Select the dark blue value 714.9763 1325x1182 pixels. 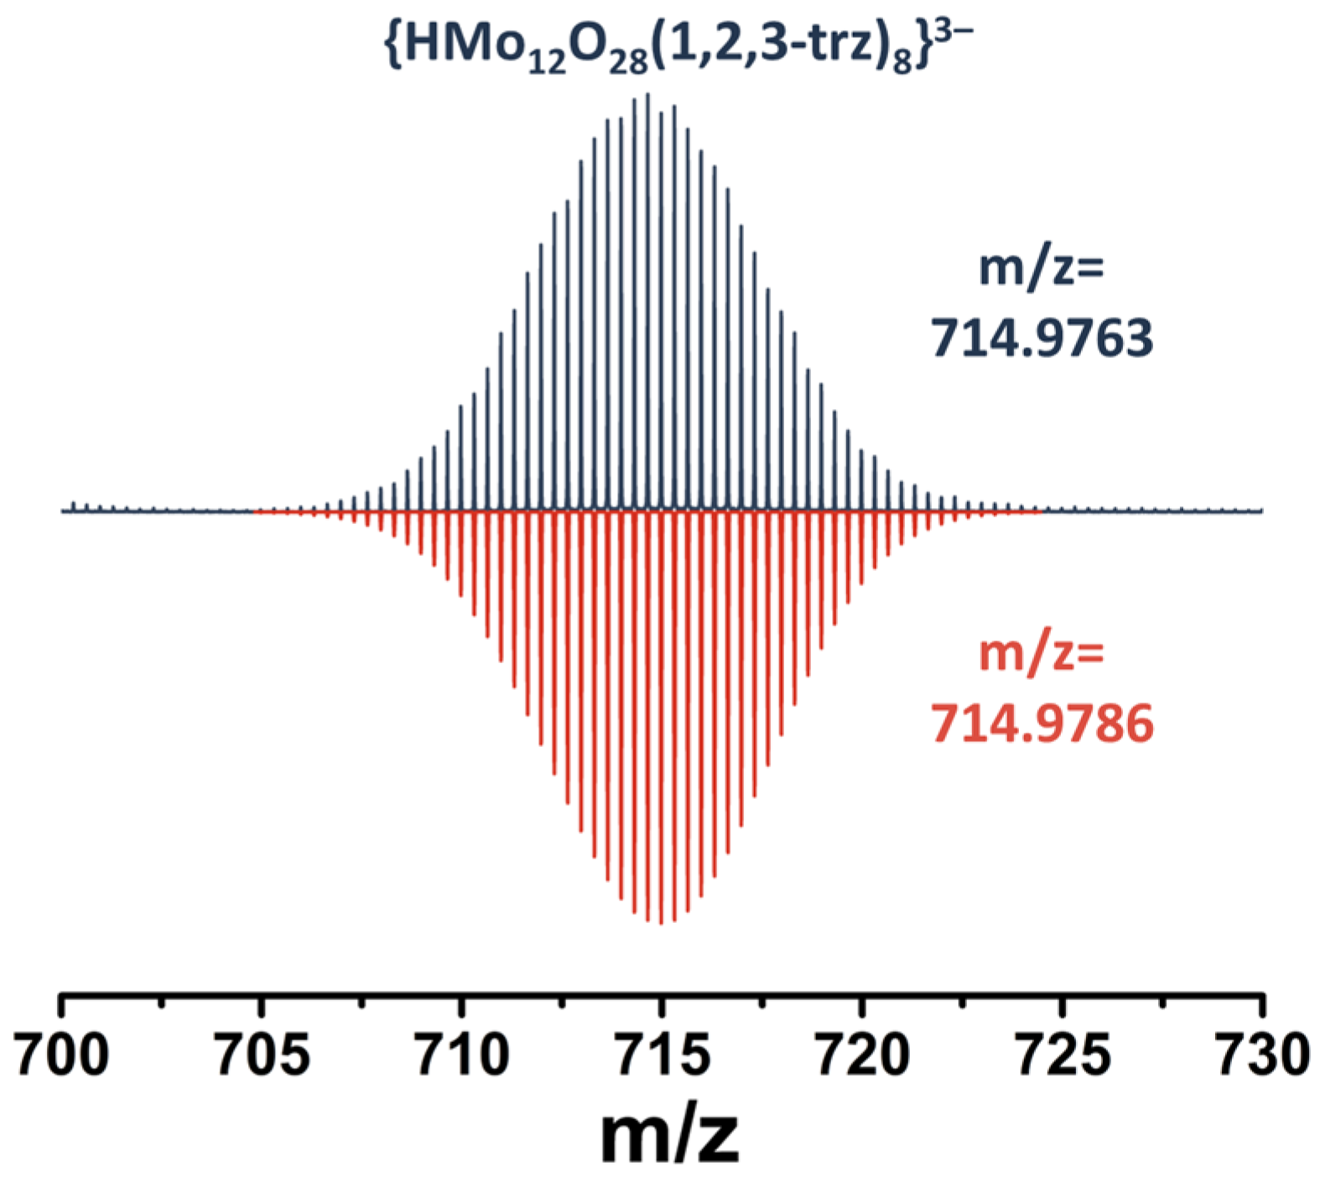pos(1042,340)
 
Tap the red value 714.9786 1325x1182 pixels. pos(1042,723)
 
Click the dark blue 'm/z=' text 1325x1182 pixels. pos(1042,270)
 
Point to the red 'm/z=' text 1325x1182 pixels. pos(1042,655)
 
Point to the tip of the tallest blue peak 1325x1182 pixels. pos(647,94)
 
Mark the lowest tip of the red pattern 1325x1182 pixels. pos(662,924)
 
